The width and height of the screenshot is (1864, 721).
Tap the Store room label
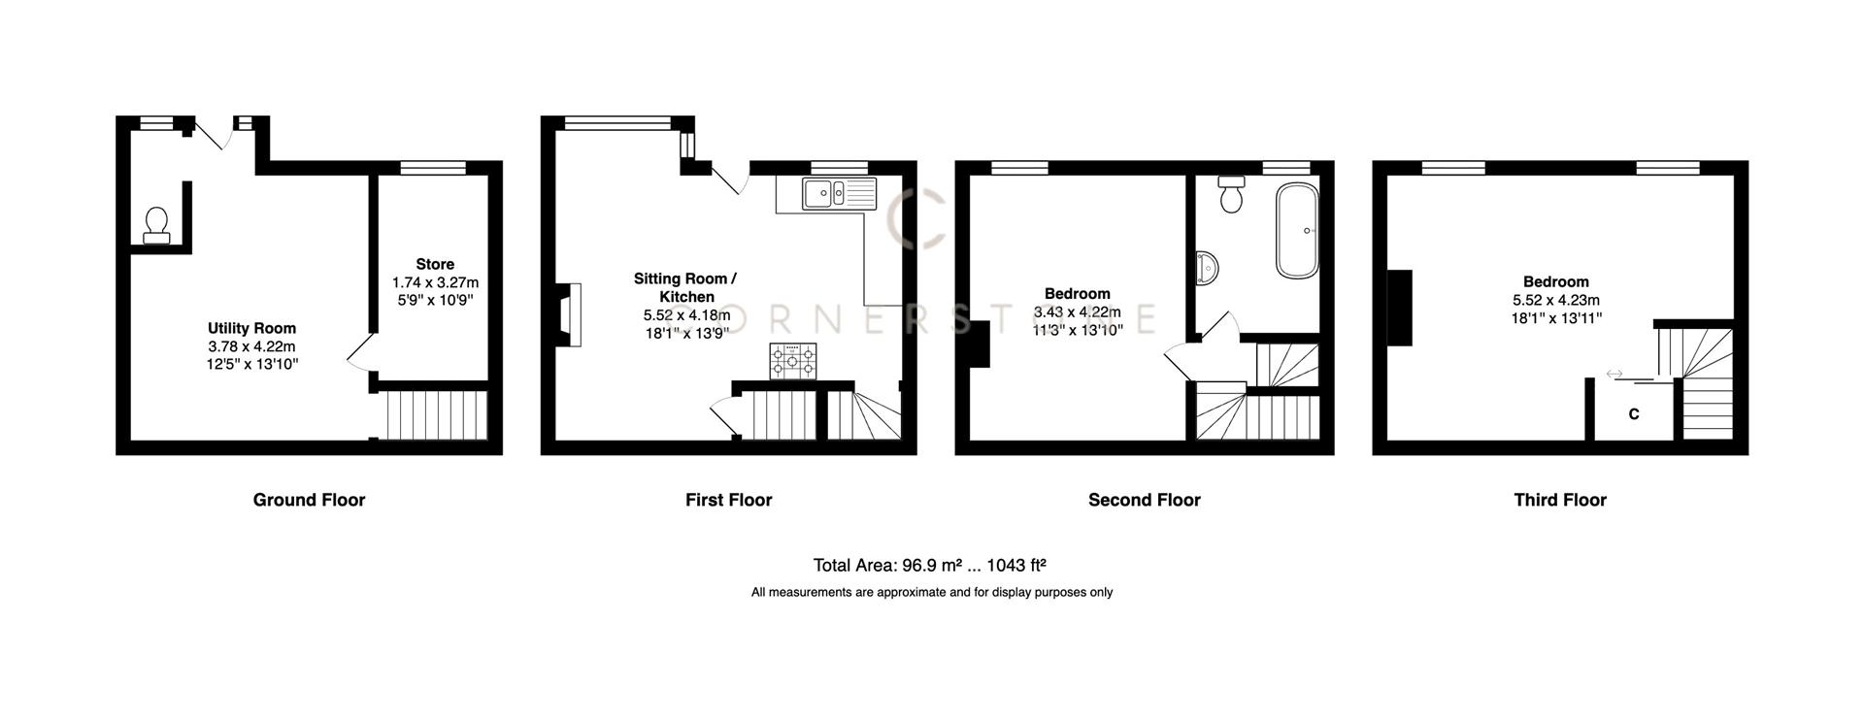(435, 264)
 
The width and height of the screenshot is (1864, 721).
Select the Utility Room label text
(251, 329)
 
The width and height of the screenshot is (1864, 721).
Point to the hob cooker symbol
(793, 361)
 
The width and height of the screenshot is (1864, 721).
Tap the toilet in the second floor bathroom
(1232, 194)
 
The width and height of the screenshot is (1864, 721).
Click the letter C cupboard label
(1634, 414)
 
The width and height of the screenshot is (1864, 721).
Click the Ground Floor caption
(309, 500)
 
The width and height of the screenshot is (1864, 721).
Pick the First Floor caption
(728, 500)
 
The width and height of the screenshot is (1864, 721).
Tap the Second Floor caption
(1144, 500)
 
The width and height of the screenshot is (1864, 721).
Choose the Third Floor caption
(1559, 500)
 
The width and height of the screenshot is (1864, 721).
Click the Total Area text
(929, 565)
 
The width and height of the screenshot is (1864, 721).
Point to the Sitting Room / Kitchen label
(685, 287)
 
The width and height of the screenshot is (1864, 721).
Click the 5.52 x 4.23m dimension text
(1555, 300)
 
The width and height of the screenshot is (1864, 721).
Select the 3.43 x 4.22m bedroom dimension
(1077, 311)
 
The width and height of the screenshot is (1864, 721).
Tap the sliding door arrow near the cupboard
(1614, 374)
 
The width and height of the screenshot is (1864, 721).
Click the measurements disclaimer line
(931, 592)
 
